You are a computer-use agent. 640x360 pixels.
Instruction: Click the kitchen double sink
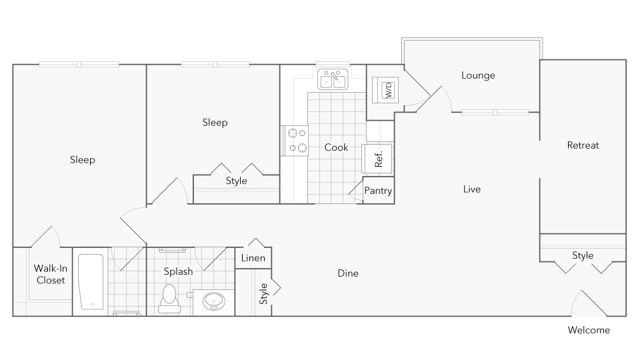tap(333, 79)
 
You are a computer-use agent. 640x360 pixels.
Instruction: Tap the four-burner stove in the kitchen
tap(297, 140)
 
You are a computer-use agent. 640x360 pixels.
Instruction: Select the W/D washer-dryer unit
tap(385, 90)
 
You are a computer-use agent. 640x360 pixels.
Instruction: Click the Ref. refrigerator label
tap(378, 159)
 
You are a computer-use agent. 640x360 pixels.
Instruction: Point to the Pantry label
tap(378, 191)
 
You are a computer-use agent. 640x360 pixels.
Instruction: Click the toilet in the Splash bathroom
tap(169, 299)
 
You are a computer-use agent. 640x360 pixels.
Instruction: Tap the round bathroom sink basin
tap(213, 302)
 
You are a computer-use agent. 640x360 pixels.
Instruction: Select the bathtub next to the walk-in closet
tap(91, 282)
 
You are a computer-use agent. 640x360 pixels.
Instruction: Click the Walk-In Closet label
tap(50, 274)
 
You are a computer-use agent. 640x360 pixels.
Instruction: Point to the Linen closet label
tap(253, 258)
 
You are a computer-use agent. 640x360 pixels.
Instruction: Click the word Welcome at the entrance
tap(589, 330)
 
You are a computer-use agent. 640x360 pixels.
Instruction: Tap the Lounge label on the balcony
tap(478, 76)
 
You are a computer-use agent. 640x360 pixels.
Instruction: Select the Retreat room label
tap(583, 145)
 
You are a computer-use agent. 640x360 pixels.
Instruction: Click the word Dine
tap(348, 273)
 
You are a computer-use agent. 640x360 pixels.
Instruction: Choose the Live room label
tap(471, 189)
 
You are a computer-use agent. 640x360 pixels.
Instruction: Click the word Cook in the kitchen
tap(336, 147)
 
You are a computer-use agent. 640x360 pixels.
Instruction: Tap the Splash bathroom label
tap(178, 271)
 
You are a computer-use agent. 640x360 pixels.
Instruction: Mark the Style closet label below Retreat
tap(582, 256)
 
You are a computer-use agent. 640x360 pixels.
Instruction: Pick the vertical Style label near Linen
tap(264, 294)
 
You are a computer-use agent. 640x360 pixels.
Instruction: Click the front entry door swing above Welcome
tap(588, 303)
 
